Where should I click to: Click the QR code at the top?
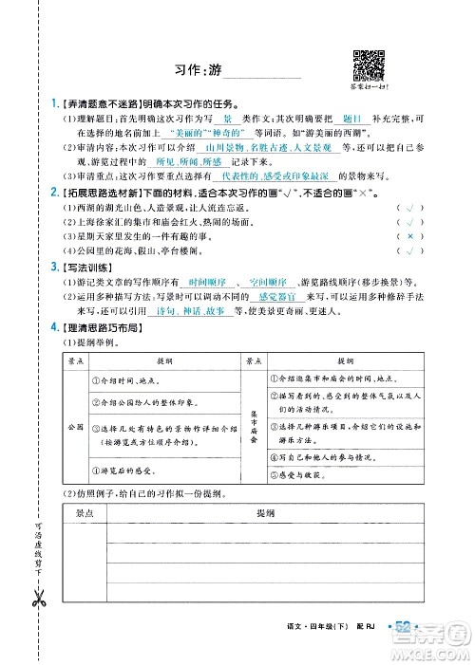click(368, 63)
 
